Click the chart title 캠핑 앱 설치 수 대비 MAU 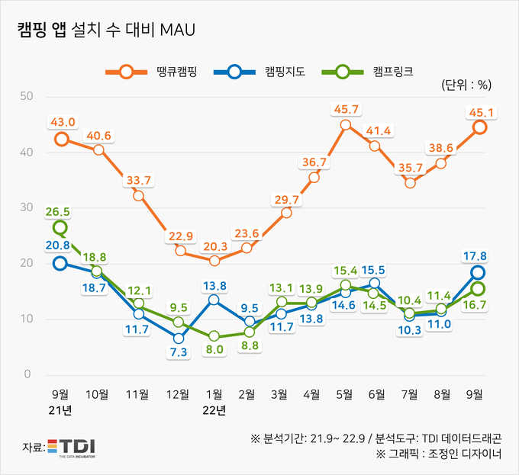tap(106, 30)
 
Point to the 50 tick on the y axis tap(27, 96)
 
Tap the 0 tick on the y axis tap(27, 374)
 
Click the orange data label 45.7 tap(345, 110)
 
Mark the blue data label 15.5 tap(373, 269)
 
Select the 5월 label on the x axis tap(344, 394)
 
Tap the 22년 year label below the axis tap(214, 411)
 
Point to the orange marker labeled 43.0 tap(61, 140)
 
